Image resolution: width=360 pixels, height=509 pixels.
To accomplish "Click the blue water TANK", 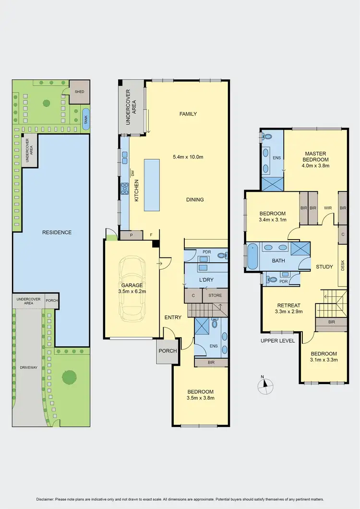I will (85, 116).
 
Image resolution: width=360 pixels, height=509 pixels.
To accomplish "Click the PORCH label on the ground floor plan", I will (168, 351).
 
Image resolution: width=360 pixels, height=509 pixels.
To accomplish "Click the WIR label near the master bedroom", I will (328, 208).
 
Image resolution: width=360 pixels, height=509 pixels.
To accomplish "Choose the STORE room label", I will (215, 295).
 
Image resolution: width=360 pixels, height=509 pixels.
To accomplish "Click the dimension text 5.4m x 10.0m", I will (188, 157).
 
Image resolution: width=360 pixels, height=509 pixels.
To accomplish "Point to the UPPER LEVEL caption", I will (277, 341).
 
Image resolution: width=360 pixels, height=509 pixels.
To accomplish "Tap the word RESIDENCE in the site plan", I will (56, 232).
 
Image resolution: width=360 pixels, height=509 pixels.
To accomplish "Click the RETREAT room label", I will (288, 305).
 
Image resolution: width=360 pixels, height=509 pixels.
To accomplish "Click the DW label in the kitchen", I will (132, 173).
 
